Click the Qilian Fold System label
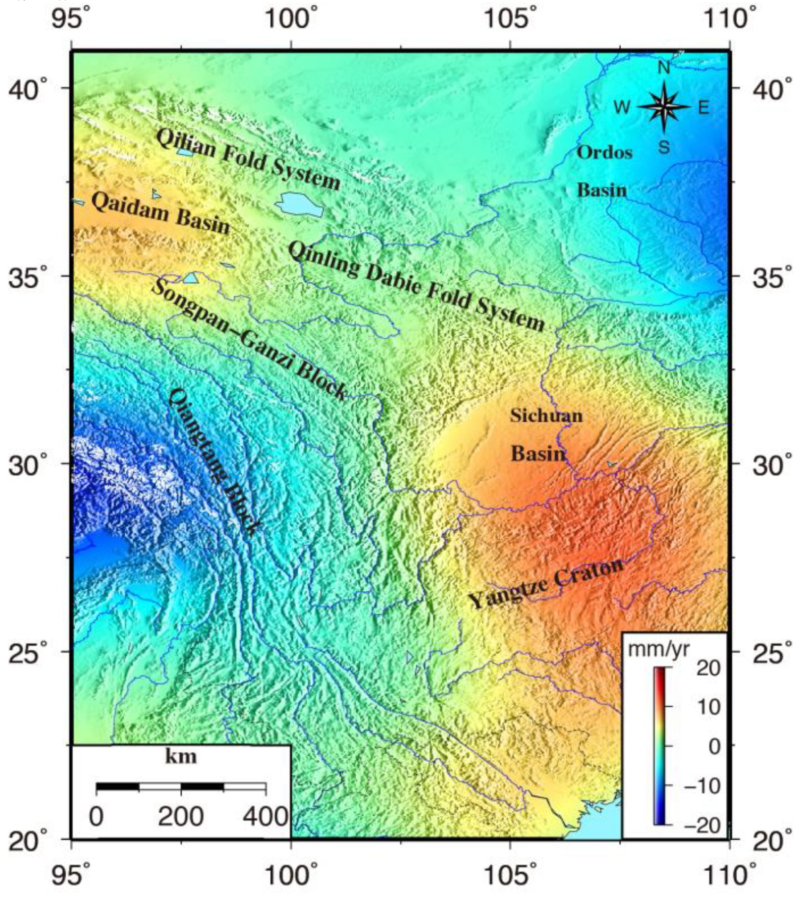point(248,158)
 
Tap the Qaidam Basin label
point(160,214)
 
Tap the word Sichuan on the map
point(546,416)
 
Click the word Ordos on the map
point(604,153)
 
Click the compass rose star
point(663,107)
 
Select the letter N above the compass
point(664,68)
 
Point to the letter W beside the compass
point(622,107)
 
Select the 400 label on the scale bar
point(266,817)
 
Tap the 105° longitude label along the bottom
point(509,876)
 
